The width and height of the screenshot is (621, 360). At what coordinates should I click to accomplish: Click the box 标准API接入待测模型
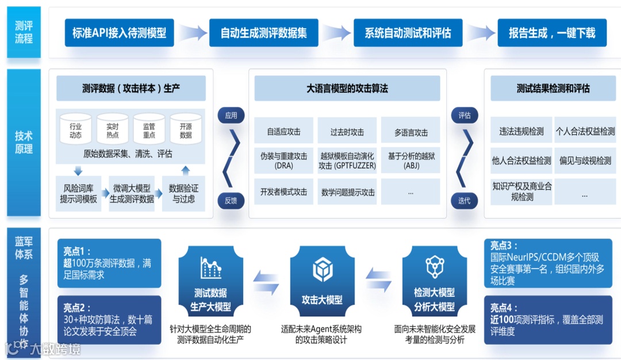tap(119, 33)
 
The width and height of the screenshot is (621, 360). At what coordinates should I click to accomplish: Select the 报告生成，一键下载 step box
tap(552, 33)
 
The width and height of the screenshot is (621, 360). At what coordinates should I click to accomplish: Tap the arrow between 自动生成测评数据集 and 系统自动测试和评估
tap(336, 33)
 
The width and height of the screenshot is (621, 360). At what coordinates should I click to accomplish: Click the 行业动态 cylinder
tap(75, 129)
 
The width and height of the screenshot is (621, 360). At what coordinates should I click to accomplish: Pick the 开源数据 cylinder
tap(186, 129)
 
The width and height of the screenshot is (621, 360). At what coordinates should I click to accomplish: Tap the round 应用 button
tap(231, 115)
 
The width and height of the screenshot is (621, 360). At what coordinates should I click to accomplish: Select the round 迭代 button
tap(464, 200)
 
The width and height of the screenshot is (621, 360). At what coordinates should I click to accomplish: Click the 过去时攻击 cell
tap(347, 132)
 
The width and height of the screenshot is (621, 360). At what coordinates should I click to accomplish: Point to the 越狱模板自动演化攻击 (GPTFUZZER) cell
tap(347, 160)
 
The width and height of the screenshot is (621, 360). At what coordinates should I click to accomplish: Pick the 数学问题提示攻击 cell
tap(347, 192)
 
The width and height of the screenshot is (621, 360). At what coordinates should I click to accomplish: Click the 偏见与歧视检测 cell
tap(585, 160)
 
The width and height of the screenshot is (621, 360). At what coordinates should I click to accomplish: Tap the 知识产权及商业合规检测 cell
tap(522, 192)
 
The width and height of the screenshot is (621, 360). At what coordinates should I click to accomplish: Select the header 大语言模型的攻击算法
tap(347, 89)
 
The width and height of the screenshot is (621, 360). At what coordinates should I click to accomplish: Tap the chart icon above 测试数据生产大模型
tap(210, 267)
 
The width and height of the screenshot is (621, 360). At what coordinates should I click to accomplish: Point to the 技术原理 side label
tap(24, 142)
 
